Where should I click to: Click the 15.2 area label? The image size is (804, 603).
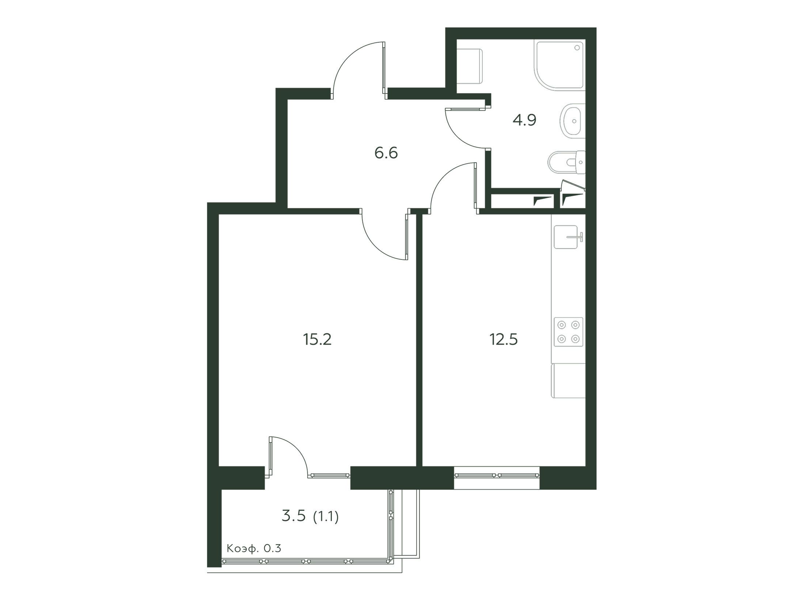pos(317,340)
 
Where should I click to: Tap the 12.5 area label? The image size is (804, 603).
pos(504,340)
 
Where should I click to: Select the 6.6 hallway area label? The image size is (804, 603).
pos(386,153)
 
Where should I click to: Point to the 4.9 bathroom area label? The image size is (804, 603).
pos(524,120)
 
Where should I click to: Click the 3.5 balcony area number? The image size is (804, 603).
pos(293,517)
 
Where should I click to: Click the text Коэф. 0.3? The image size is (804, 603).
pos(254,549)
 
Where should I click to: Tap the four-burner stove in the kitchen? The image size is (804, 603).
pos(568,332)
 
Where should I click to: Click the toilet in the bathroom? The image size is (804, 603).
pos(567,162)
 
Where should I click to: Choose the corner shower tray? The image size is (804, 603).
pos(560,65)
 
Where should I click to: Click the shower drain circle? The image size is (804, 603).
pos(577,48)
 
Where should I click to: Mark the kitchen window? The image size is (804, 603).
pos(497,475)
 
